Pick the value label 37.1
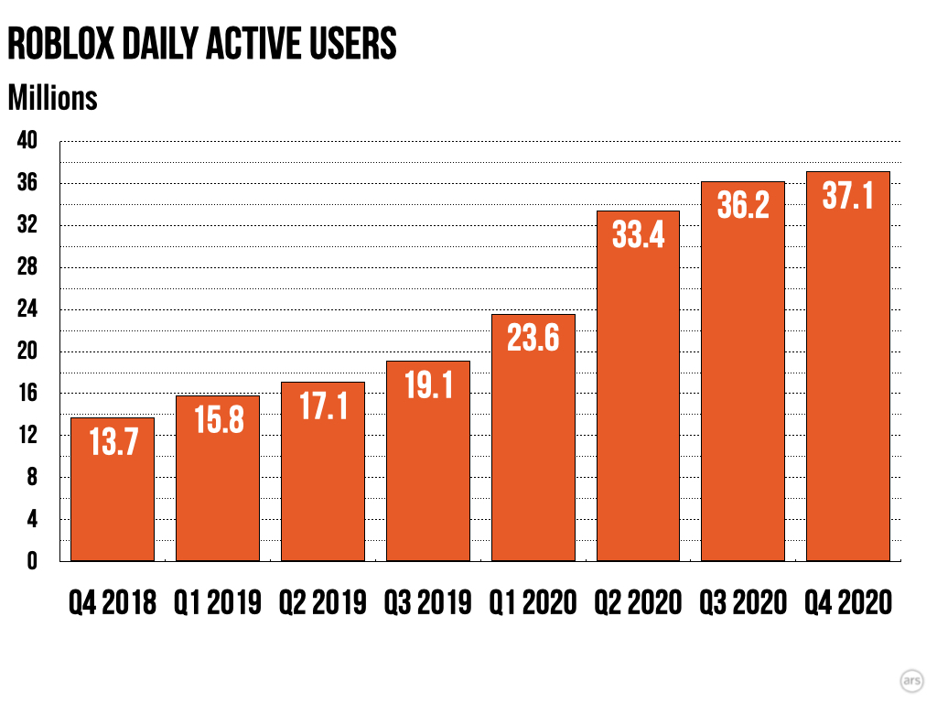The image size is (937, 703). (x=847, y=197)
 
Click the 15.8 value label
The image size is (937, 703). (x=218, y=420)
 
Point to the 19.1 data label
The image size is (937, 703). (x=427, y=385)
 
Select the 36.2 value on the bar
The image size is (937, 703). (x=743, y=206)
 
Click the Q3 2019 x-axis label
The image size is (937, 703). (x=427, y=602)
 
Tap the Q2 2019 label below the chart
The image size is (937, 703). (x=322, y=602)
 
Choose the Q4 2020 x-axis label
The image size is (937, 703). (x=847, y=602)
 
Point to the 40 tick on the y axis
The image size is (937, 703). (x=27, y=142)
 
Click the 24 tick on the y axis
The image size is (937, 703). (x=27, y=310)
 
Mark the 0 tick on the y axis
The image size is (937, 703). (x=31, y=561)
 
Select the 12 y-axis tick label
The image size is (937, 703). (x=27, y=436)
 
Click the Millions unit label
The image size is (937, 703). (x=52, y=97)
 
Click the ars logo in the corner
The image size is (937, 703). (x=911, y=680)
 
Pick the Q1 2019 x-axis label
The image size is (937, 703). (x=218, y=602)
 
